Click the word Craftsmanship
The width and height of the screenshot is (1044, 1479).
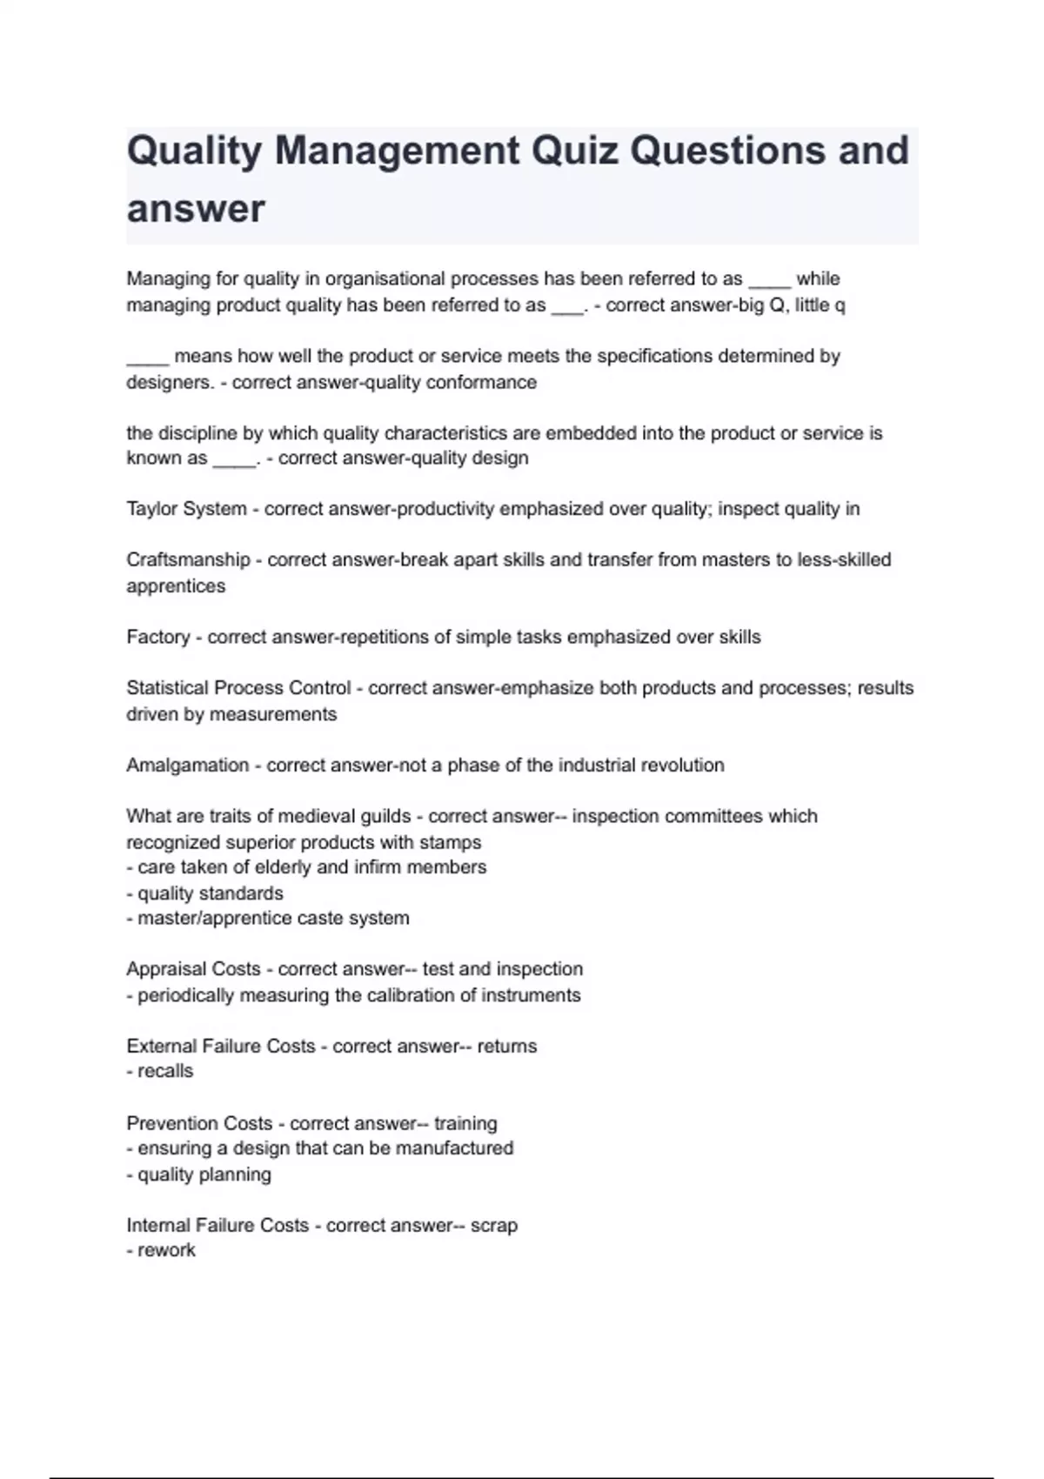188,560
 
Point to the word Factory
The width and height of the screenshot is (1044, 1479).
157,637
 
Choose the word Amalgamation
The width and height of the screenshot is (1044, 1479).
187,766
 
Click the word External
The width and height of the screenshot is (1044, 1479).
161,1047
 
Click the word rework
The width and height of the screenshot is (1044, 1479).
166,1251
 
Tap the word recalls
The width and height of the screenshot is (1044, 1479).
165,1072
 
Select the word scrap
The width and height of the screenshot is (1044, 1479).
494,1226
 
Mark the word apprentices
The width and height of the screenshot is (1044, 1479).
176,586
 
